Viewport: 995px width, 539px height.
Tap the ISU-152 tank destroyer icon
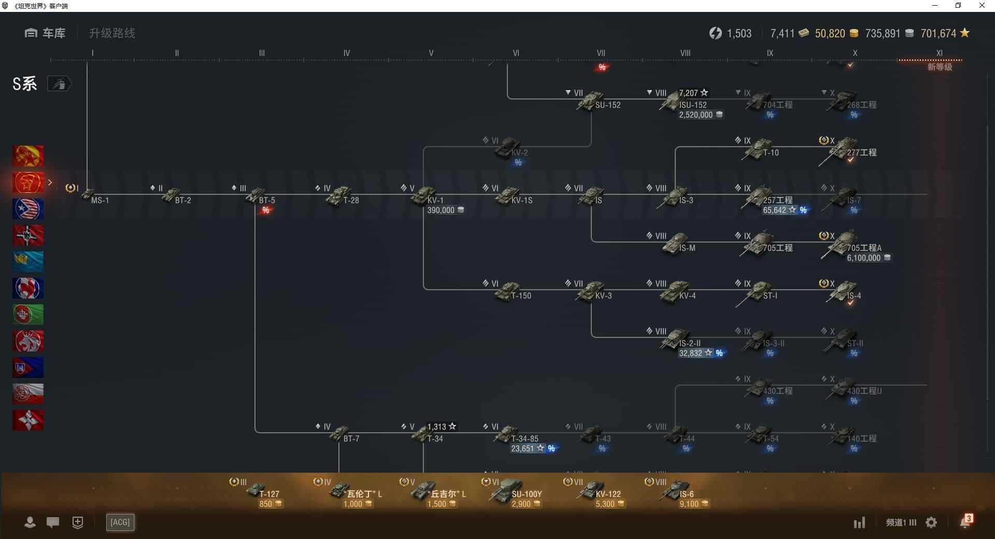(x=672, y=101)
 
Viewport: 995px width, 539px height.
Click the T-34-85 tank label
(x=524, y=438)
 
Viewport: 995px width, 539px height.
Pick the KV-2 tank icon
(x=508, y=148)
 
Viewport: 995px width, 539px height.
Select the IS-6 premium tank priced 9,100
(x=677, y=490)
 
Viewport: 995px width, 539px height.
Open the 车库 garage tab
(x=46, y=33)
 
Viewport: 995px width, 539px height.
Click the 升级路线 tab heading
(x=112, y=33)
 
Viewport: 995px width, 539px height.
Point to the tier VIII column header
(x=685, y=53)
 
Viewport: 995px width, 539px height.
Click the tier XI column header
(x=939, y=53)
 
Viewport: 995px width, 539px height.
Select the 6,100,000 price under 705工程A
(x=864, y=258)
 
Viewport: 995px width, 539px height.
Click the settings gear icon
(x=931, y=522)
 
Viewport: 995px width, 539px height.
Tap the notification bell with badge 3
(x=965, y=522)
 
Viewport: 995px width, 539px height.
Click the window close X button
(x=982, y=6)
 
